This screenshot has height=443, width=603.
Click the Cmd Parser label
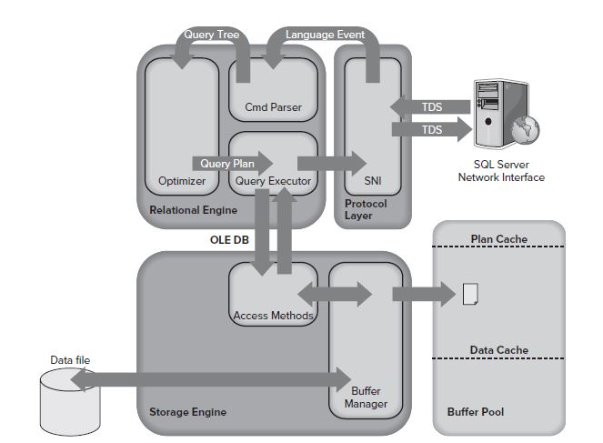point(273,107)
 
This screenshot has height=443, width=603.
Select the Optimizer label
point(182,180)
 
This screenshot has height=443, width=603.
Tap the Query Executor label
point(273,181)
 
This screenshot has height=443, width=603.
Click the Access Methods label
point(273,316)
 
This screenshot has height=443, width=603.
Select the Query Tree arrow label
point(211,35)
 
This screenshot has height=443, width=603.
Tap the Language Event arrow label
point(325,35)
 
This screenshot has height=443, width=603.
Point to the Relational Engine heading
point(193,210)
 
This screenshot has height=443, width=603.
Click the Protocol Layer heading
point(366,210)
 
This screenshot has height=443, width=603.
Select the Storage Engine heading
point(187,412)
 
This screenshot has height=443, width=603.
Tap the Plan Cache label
point(499,239)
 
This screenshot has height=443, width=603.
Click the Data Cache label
point(499,349)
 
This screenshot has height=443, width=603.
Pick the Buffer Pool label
point(475,412)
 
